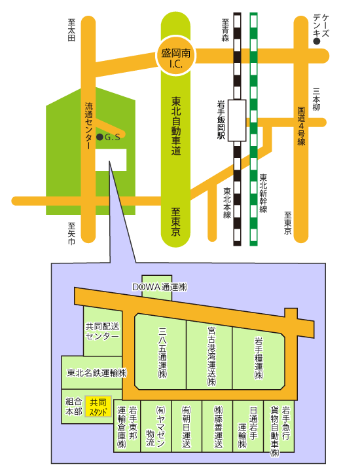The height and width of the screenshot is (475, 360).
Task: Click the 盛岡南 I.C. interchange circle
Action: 176,56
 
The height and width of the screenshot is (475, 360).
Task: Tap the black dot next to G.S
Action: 99,137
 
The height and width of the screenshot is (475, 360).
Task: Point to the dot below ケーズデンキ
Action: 316,41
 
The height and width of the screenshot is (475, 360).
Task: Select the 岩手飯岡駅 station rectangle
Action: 237,121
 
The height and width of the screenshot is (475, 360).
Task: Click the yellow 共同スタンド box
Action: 98,406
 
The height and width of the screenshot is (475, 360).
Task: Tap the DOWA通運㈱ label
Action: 160,287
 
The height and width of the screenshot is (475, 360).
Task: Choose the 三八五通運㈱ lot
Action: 160,351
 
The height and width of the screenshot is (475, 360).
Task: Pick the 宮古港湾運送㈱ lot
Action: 209,355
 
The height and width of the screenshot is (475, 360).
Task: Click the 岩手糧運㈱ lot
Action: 259,358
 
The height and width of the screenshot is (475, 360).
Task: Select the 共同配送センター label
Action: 102,331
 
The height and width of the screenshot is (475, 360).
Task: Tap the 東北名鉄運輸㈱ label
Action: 97,373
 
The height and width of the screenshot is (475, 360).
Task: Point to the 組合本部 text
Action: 74,407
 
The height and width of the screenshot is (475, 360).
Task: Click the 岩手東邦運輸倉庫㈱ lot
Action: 127,427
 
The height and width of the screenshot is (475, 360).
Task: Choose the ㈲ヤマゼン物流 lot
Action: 156,427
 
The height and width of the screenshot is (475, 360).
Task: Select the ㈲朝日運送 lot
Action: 187,427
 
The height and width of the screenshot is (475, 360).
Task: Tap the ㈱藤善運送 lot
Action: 217,427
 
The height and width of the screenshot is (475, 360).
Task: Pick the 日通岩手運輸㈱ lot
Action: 248,427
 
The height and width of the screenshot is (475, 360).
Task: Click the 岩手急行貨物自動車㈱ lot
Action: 279,427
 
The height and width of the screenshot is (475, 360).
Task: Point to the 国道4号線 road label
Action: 301,126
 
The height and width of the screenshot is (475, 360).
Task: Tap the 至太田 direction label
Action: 71,29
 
